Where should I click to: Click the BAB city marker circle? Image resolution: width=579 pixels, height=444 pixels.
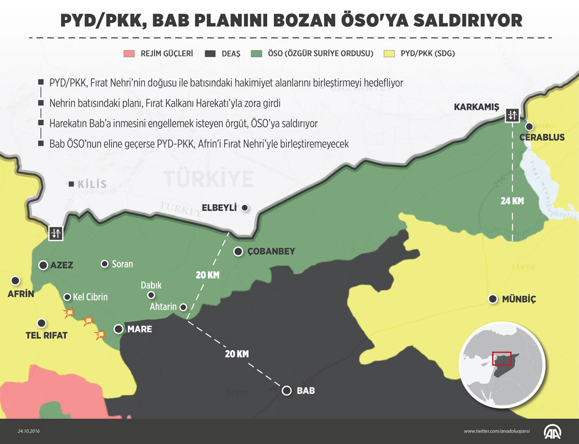287,390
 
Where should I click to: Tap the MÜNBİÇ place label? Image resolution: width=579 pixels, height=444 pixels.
519,299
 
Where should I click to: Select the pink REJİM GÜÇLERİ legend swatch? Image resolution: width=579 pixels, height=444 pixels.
129,53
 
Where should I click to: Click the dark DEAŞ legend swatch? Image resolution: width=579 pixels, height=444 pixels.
210,53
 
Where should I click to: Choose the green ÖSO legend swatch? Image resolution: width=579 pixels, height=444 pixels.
256,53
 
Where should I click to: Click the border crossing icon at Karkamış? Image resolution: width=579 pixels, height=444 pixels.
512,115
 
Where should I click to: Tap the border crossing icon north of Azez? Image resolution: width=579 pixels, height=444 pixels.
55,233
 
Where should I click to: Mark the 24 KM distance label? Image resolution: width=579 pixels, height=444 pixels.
512,201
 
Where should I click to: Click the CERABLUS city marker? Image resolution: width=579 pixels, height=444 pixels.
529,127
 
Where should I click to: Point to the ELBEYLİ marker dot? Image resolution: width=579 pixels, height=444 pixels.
245,208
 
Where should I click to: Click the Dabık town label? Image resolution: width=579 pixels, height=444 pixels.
151,285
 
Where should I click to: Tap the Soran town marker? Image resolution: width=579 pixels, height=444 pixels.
105,264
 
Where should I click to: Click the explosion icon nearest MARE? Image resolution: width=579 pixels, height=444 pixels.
101,334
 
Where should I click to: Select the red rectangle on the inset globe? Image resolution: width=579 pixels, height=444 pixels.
501,358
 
